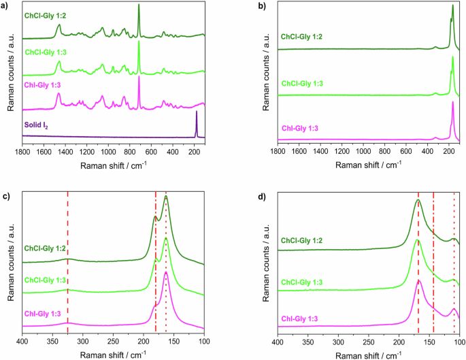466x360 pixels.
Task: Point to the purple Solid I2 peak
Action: tap(197, 113)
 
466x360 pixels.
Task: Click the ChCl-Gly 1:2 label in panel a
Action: tap(48, 14)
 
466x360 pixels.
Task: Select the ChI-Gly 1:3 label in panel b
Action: tap(299, 128)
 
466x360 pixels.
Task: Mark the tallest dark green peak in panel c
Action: tap(166, 197)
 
